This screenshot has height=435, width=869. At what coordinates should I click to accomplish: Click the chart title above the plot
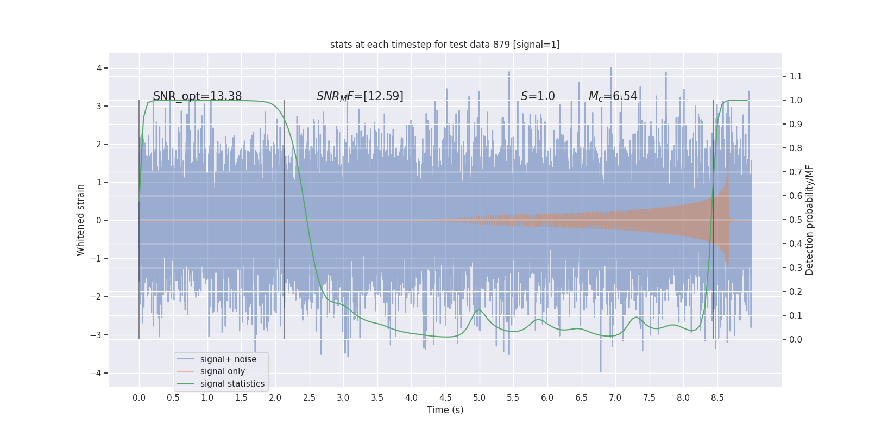click(445, 45)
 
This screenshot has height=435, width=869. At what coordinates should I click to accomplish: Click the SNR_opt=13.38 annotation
click(197, 96)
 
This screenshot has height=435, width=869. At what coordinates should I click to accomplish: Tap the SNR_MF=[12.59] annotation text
click(360, 96)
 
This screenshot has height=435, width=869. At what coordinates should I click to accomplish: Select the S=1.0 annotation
click(537, 96)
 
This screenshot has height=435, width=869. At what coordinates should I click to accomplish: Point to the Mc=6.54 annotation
click(613, 96)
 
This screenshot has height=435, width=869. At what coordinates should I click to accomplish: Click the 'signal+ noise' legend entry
click(228, 359)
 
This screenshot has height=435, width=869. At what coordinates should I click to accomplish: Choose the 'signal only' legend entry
click(222, 371)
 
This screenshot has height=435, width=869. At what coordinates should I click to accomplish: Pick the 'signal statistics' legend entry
click(232, 384)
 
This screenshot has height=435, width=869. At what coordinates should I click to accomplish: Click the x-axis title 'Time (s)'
click(445, 410)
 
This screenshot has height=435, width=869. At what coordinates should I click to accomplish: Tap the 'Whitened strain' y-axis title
click(81, 220)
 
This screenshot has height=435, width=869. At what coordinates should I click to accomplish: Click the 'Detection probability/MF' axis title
click(809, 220)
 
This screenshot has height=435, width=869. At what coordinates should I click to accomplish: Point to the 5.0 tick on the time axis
click(479, 397)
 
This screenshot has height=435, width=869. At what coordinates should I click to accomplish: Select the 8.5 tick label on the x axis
click(717, 397)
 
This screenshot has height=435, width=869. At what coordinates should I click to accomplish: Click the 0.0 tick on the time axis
click(139, 397)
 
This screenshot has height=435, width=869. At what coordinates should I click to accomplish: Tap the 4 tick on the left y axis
click(99, 68)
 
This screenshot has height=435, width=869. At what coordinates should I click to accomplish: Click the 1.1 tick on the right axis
click(796, 76)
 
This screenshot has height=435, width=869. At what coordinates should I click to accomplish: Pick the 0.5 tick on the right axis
click(796, 220)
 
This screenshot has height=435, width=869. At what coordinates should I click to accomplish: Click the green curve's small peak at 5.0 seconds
click(479, 309)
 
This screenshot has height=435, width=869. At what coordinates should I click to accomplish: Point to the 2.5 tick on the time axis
click(309, 397)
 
